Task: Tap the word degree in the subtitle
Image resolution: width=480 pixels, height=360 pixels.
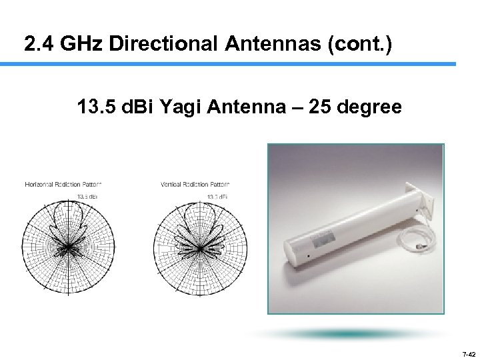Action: [x=369, y=107]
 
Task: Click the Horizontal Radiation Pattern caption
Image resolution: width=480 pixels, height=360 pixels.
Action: [x=63, y=184]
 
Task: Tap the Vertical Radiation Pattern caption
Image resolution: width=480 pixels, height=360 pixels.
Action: [x=196, y=184]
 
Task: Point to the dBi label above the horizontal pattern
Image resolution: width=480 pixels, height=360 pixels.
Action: [x=87, y=196]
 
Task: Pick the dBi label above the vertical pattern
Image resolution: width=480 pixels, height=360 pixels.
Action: [x=219, y=196]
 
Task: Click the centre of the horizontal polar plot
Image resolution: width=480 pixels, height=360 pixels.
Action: [x=67, y=249]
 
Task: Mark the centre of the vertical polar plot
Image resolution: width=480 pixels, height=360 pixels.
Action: [x=199, y=249]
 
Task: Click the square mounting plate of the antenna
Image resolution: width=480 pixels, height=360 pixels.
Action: [x=423, y=199]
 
